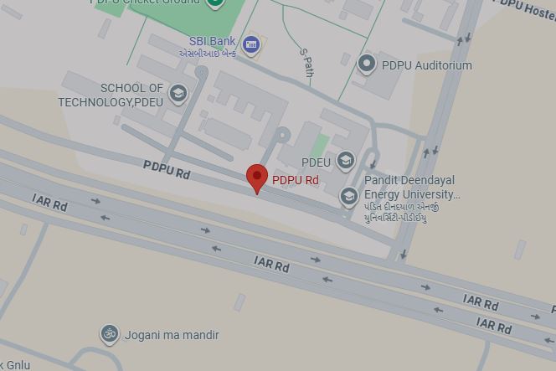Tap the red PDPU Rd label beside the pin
click(x=295, y=180)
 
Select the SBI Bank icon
click(x=250, y=44)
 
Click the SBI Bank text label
click(x=212, y=41)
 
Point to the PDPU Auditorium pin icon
click(x=366, y=63)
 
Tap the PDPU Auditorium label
click(x=426, y=65)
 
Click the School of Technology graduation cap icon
click(x=178, y=93)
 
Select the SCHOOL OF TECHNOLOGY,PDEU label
click(x=111, y=95)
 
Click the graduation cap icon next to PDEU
click(x=345, y=161)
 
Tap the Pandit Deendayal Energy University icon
click(x=348, y=197)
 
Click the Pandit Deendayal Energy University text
click(x=410, y=188)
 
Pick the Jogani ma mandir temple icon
click(x=109, y=335)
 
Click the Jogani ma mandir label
click(x=172, y=335)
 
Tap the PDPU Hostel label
click(x=527, y=9)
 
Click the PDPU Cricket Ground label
click(x=146, y=3)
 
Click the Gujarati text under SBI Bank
click(x=208, y=54)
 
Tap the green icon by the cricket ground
click(x=214, y=3)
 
